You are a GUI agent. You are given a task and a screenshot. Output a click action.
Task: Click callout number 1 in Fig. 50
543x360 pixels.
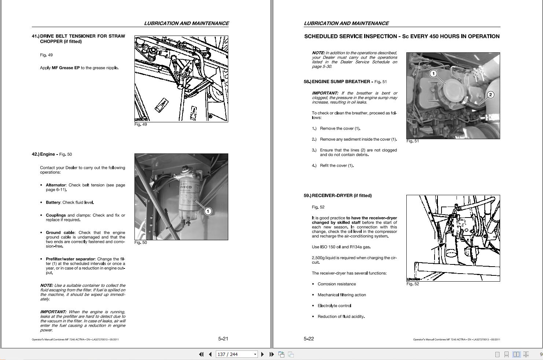tap(208, 211)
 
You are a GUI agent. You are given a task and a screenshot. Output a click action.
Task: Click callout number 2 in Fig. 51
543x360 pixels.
tap(490, 95)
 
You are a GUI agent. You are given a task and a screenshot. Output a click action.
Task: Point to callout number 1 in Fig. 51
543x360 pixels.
tap(433, 74)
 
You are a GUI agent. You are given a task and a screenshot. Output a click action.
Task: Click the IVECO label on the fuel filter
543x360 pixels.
tap(186, 187)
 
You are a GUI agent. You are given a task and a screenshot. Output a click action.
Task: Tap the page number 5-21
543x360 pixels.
tap(223, 339)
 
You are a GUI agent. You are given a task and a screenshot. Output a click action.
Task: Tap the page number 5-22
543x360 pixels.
tap(309, 339)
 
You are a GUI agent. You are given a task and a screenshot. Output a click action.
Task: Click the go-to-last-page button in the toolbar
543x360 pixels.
tap(271, 354)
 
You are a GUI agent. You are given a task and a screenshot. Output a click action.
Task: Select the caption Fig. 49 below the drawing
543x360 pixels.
tap(140, 125)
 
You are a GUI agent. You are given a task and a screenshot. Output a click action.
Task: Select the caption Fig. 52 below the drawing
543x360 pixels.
tap(413, 284)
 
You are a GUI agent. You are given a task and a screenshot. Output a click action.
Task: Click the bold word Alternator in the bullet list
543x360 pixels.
tap(56, 185)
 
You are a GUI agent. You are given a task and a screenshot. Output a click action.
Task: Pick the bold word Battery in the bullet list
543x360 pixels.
tap(53, 203)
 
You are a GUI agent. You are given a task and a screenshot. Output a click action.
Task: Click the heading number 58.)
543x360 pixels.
tap(307, 82)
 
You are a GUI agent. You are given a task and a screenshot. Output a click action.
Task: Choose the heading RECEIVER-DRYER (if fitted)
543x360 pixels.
tap(341, 196)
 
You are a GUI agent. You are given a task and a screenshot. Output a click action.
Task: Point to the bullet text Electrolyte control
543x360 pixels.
tap(334, 306)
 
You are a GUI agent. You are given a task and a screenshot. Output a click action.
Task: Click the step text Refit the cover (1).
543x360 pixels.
tap(337, 166)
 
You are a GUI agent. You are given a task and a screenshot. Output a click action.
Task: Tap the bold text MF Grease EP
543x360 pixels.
tap(66, 68)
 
